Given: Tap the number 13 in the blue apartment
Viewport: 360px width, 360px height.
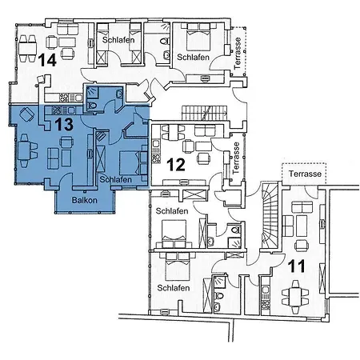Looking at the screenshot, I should click(63, 124).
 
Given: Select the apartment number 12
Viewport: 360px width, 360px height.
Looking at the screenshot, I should click(177, 165).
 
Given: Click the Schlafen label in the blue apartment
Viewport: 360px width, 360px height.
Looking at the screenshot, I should click(117, 180).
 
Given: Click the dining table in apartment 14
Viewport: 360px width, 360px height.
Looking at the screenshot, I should click(30, 39).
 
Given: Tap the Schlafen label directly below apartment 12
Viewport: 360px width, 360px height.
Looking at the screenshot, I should click(172, 210).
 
